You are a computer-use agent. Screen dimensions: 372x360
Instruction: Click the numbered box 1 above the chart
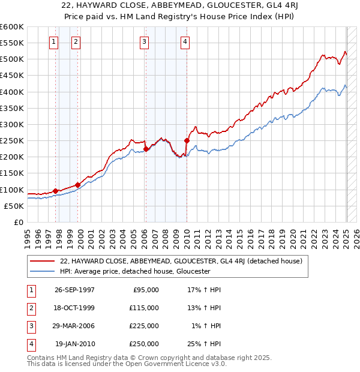54,41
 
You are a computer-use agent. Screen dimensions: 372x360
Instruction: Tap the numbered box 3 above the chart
145,41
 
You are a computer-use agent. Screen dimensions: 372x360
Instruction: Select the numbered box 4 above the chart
185,41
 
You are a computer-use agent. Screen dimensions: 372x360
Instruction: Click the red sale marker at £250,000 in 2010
187,140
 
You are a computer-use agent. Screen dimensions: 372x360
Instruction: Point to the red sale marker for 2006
146,149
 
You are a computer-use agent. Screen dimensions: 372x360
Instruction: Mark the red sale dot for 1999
78,185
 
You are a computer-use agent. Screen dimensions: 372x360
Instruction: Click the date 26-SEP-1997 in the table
75,290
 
